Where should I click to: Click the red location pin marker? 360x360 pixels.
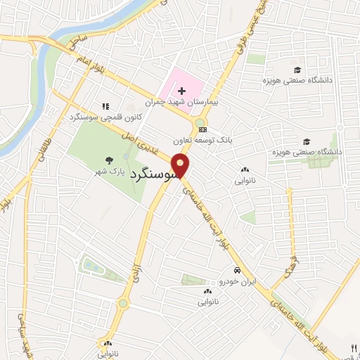click(x=181, y=166)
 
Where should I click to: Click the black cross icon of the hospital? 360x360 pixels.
click(x=182, y=91)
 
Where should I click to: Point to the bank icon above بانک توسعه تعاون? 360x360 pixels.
click(x=203, y=129)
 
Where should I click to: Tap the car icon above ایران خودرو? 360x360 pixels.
click(x=237, y=271)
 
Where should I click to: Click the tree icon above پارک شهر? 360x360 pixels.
click(x=108, y=160)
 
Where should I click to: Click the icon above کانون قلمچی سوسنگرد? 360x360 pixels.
click(x=105, y=105)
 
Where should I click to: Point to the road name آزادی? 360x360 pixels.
click(x=136, y=271)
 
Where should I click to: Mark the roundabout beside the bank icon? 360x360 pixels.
click(x=201, y=123)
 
